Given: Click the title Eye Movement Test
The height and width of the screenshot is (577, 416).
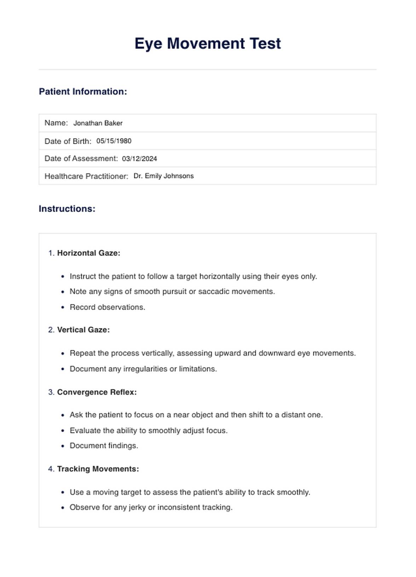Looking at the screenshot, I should (208, 44).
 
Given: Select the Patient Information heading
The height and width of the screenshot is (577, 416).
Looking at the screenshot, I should (83, 92).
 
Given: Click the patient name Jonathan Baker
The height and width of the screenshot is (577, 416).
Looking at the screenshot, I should (98, 123).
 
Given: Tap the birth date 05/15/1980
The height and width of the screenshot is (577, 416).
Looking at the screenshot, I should (114, 141).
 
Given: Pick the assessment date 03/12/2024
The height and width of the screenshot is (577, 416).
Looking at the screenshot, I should (139, 159).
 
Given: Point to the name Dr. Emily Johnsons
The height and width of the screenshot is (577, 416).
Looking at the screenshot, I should (163, 176).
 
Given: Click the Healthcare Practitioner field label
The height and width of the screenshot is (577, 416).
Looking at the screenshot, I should (86, 176).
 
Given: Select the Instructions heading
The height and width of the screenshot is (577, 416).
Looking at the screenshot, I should (67, 209).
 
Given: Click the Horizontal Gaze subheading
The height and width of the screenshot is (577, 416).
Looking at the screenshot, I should (88, 253).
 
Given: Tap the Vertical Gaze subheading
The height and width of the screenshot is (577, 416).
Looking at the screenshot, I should (83, 330).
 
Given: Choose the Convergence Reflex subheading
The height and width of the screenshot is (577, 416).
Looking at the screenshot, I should (97, 392).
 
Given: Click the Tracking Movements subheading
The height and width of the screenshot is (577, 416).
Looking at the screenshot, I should (98, 469).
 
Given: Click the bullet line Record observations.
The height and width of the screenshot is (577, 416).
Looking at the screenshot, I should (107, 307).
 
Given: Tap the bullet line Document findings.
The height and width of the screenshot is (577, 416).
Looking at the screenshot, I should (104, 446).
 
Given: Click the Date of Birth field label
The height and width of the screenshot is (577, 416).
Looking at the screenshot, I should (68, 141).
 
